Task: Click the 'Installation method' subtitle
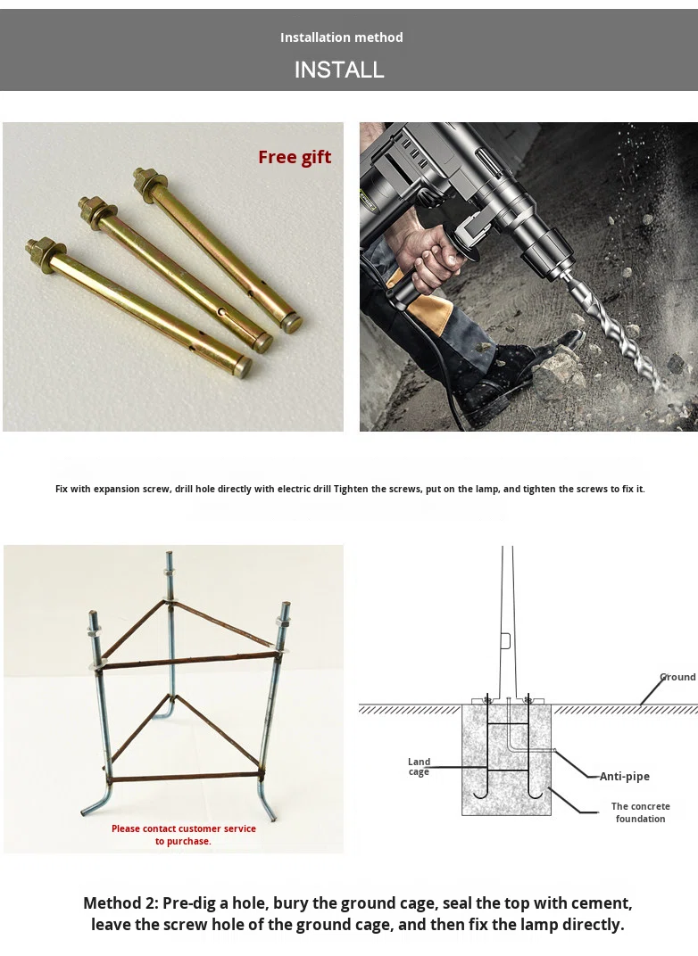342,37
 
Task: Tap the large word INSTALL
339,70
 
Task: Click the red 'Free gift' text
295,157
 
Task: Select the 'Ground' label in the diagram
677,677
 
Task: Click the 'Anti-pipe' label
624,776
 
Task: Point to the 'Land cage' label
419,766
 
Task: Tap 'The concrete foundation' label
640,812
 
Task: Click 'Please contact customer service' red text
184,828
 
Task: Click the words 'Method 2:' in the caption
120,903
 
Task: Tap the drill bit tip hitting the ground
659,385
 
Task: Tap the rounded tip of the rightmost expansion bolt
294,323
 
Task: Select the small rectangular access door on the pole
505,641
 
